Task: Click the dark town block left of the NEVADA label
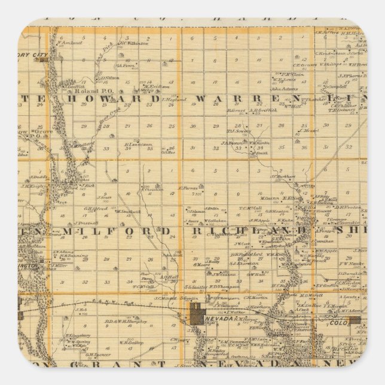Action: [197, 314]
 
